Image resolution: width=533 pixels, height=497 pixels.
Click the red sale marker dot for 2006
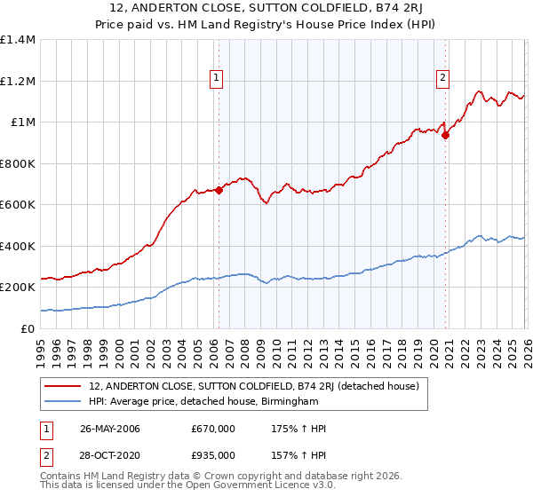[219, 189]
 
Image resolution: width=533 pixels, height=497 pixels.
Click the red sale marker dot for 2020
[446, 135]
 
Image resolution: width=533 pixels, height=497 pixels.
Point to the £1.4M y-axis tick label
[18, 40]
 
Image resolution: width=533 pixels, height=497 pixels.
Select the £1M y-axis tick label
[21, 122]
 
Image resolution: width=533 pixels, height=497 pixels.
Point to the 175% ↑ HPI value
[298, 429]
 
